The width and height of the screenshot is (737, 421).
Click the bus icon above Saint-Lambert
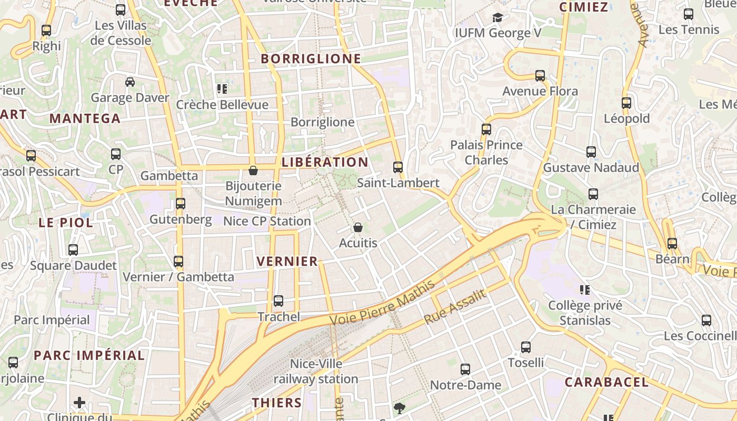(x=398, y=167)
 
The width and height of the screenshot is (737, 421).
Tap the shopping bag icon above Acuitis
(x=358, y=227)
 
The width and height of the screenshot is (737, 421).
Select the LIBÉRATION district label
(x=325, y=162)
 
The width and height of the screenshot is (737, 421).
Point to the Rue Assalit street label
(x=455, y=307)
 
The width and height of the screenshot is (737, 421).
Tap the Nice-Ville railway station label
(x=316, y=371)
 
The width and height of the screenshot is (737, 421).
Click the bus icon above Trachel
(x=278, y=301)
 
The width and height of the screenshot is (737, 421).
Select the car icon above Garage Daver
(x=130, y=82)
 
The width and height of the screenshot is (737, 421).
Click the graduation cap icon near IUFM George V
(x=497, y=18)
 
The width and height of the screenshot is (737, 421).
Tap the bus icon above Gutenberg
(x=181, y=203)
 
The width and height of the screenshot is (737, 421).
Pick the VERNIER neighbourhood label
(x=287, y=261)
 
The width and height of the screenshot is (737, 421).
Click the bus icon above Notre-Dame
(x=465, y=369)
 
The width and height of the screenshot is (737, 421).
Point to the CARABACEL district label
(x=607, y=382)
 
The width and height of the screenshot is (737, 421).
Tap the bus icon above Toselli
(x=526, y=347)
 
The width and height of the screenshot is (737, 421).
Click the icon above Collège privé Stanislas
(x=584, y=289)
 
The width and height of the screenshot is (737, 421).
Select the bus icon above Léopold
(x=626, y=103)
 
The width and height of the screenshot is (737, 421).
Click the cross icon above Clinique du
(x=79, y=403)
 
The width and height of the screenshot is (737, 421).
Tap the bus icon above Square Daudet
(x=73, y=250)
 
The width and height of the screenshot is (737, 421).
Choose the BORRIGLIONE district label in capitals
(x=311, y=59)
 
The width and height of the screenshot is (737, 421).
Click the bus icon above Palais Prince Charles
(x=486, y=129)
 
